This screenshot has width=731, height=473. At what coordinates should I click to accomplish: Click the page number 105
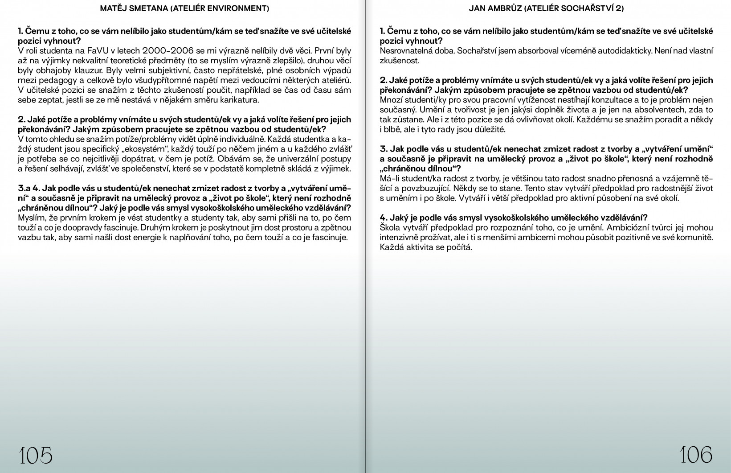[36, 455]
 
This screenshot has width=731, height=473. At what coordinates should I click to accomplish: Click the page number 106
[696, 455]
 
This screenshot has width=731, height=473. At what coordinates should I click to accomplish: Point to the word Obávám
[234, 159]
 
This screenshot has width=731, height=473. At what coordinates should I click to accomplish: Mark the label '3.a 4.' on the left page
[28, 188]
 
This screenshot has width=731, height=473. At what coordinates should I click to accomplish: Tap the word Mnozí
[391, 100]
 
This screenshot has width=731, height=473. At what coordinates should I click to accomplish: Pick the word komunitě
[696, 237]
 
